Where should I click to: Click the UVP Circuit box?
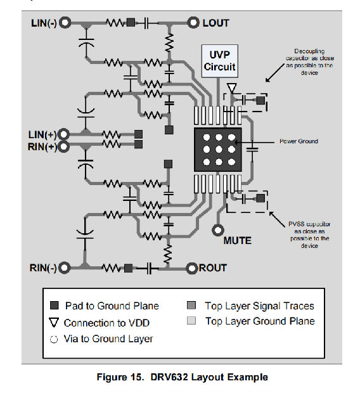coord(219,61)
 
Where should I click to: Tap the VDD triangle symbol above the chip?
coord(231,87)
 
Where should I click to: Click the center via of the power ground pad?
coord(219,150)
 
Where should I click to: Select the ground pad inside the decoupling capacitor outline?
coord(260,101)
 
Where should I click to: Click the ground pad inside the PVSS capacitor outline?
coord(260,198)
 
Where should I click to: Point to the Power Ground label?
coord(299,141)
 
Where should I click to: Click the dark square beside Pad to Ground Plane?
coord(55,306)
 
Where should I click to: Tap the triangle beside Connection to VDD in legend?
coord(54,323)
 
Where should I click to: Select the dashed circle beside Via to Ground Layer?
coord(54,339)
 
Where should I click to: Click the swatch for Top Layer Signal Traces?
coord(191,306)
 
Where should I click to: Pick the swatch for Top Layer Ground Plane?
coord(191,321)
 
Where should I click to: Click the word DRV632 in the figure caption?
coord(169,377)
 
